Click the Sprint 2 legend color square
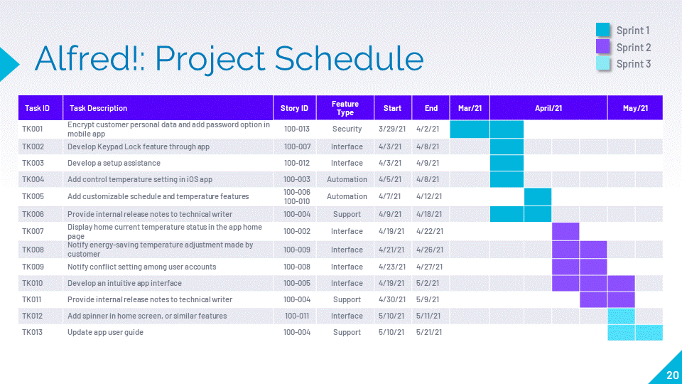[x=603, y=47]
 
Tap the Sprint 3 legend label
[x=633, y=64]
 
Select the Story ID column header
[x=294, y=108]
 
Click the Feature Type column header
[x=345, y=108]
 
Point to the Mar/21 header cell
[x=470, y=108]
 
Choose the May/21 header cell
[x=635, y=108]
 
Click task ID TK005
[x=33, y=196]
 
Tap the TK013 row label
[x=32, y=332]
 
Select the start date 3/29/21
[x=392, y=129]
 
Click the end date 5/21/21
[x=429, y=332]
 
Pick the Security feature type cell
[x=347, y=129]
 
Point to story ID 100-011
[x=297, y=316]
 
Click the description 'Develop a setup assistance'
[x=114, y=163]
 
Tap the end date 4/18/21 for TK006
[x=429, y=214]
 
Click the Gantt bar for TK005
[x=538, y=197]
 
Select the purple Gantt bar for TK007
[x=565, y=231]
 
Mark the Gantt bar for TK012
[x=621, y=316]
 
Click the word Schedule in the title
[x=349, y=58]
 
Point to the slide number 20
[x=673, y=375]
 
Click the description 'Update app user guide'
[x=105, y=332]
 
